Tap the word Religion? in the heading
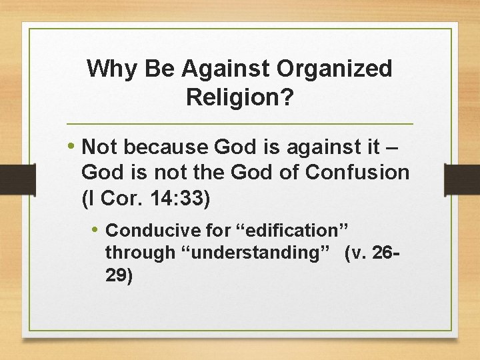point(240,97)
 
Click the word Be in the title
point(151,69)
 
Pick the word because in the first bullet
point(168,146)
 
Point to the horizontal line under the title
point(240,125)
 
